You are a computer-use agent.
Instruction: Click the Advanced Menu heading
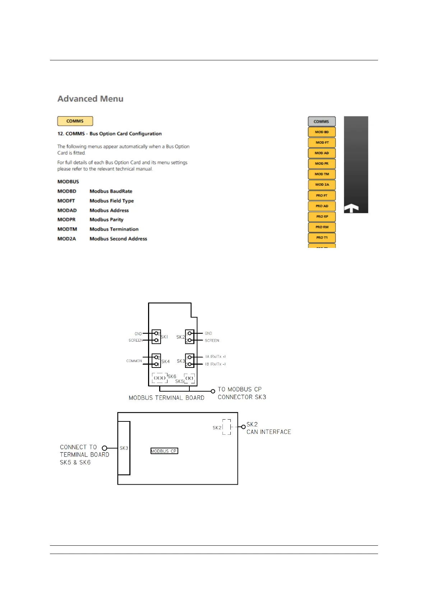tap(90, 99)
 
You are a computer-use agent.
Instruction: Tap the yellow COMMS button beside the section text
tap(75, 121)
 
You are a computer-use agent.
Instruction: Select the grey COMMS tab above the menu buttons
tap(321, 121)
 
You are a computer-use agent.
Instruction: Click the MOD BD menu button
tap(322, 132)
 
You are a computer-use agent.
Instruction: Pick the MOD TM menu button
tap(322, 174)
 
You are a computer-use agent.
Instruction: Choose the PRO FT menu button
tap(322, 195)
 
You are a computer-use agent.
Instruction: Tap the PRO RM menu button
tap(322, 227)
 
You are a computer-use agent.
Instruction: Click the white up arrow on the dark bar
tap(351, 208)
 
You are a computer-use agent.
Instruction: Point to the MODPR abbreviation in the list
tap(66, 220)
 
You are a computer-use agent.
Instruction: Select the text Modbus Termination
tap(114, 229)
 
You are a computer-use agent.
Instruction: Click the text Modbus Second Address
tap(118, 239)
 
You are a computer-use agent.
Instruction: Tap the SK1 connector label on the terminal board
tap(164, 337)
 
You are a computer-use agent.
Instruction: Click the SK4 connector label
tap(165, 361)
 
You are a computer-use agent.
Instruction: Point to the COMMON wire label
tap(134, 361)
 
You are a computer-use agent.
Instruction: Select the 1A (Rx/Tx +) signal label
tap(215, 357)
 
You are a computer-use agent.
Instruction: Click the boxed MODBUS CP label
tap(164, 451)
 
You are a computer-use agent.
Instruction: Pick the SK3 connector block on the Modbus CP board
tap(124, 448)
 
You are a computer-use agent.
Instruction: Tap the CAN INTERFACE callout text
tap(268, 432)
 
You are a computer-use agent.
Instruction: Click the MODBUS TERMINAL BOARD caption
tap(166, 398)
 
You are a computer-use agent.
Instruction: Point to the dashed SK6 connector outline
tap(160, 378)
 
